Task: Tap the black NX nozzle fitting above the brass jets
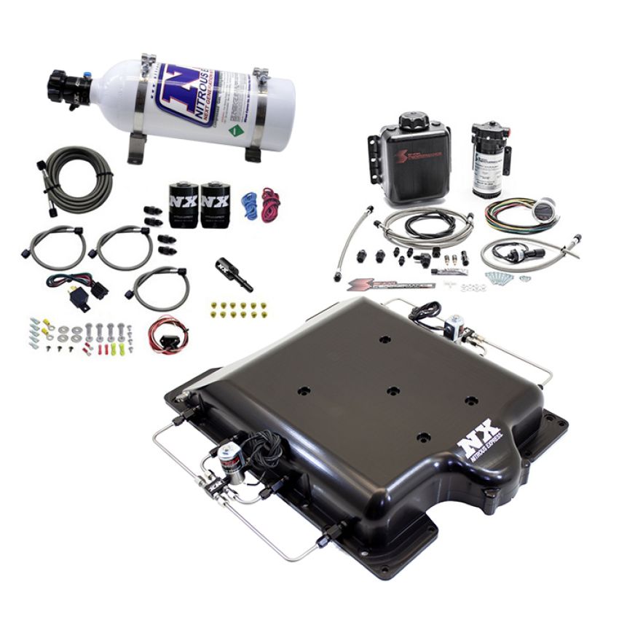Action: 233,274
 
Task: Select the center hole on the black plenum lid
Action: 393,391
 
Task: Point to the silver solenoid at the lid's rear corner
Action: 456,326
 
